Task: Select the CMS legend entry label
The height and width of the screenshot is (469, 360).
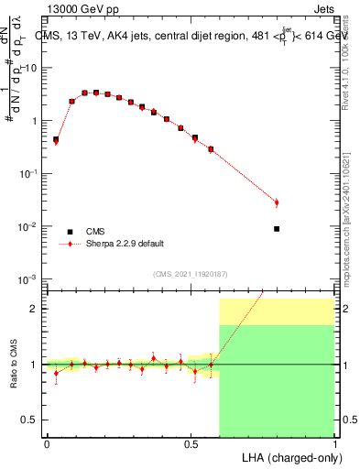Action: [95, 231]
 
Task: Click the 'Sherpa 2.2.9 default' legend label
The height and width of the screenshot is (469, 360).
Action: [126, 244]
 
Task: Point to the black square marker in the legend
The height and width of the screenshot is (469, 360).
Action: [70, 231]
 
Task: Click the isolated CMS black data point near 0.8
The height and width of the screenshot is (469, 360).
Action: [277, 229]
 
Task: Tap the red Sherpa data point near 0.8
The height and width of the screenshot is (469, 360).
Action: [277, 202]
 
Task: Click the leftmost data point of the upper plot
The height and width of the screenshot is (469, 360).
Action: [56, 140]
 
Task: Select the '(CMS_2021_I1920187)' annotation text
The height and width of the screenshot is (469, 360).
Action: [191, 274]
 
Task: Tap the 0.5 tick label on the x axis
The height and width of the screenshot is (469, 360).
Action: [191, 442]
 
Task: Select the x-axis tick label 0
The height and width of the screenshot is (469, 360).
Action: [47, 442]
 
